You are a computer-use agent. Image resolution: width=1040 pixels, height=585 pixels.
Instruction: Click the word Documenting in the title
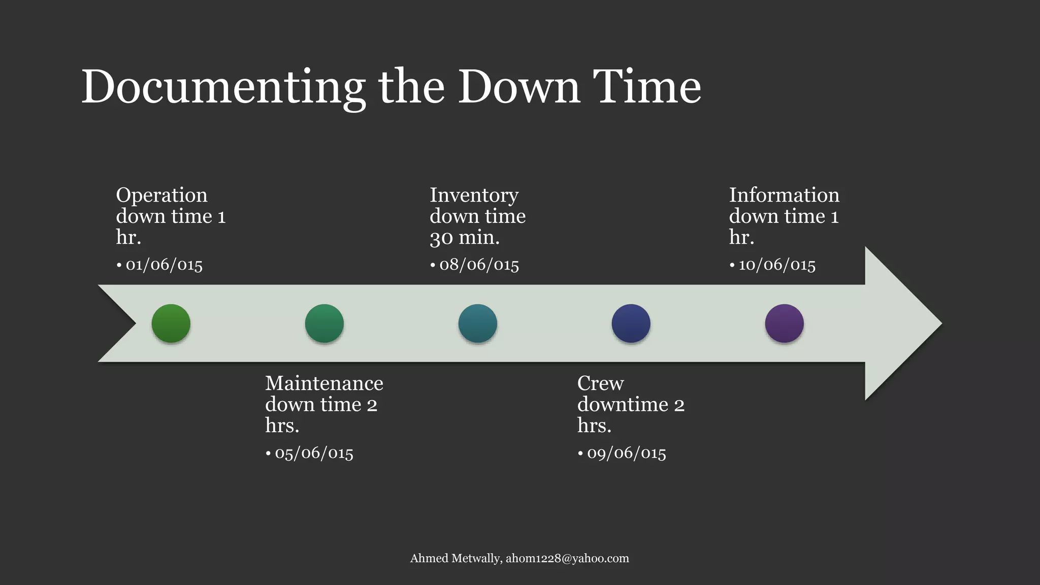tap(222, 87)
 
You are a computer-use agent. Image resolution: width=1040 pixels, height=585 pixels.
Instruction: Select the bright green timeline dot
tap(171, 323)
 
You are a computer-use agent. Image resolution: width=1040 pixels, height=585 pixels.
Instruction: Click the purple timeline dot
tap(784, 323)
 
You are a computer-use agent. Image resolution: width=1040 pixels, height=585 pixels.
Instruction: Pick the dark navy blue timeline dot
tap(631, 323)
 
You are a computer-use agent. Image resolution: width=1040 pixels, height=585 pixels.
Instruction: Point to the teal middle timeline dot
tap(477, 323)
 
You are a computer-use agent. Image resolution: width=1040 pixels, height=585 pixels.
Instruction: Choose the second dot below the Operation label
tap(324, 323)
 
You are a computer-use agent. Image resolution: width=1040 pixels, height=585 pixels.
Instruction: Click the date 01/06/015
tap(164, 265)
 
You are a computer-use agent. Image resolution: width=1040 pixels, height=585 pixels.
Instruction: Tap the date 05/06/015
tap(314, 453)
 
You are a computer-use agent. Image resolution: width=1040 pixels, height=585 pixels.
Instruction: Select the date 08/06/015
tap(479, 265)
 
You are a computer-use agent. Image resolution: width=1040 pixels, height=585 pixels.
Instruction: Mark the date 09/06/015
tap(626, 453)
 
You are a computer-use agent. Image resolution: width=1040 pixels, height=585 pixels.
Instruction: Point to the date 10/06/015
tap(777, 265)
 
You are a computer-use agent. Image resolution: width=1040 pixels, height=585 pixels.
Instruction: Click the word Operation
tap(161, 196)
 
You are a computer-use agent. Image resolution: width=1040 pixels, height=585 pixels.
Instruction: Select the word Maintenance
tap(324, 383)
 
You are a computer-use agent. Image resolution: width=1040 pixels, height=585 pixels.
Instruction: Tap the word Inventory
tap(474, 196)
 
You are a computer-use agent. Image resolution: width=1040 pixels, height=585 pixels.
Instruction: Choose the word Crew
tap(600, 383)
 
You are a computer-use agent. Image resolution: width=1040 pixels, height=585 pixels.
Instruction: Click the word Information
tap(784, 196)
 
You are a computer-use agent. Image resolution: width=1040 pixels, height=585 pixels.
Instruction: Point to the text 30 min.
tap(465, 238)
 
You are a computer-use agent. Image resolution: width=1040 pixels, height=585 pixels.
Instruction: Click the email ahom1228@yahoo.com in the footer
tap(567, 559)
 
